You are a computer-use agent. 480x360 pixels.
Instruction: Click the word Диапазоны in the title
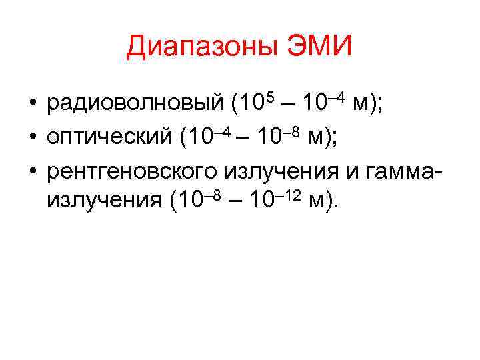tap(199, 47)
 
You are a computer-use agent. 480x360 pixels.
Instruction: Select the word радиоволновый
tap(133, 105)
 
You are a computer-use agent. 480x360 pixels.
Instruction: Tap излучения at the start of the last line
tap(103, 201)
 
